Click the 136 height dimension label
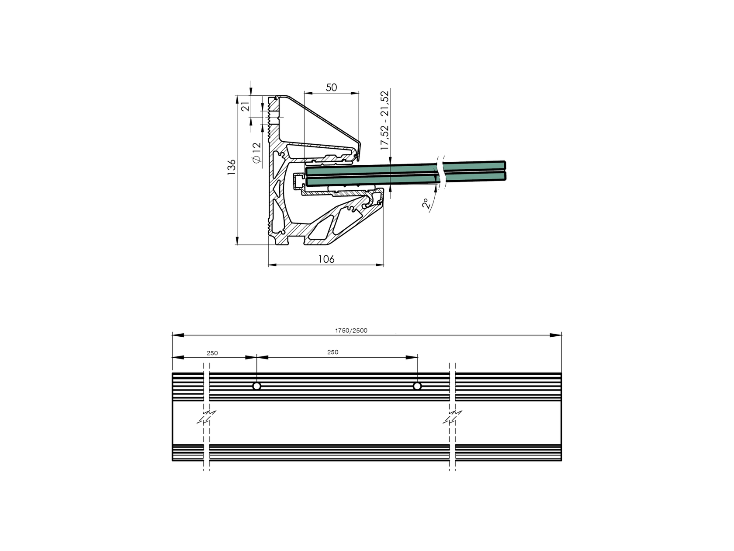click(x=232, y=167)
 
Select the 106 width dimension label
click(x=326, y=259)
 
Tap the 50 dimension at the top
click(x=332, y=87)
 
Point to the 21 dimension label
click(x=245, y=106)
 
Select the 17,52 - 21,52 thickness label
click(x=384, y=121)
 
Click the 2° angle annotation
click(x=426, y=204)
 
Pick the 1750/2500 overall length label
click(x=351, y=331)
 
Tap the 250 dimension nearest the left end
click(x=212, y=353)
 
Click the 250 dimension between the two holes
click(x=332, y=352)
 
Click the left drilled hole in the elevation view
click(x=257, y=386)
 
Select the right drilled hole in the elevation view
click(x=417, y=386)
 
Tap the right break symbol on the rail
click(x=453, y=417)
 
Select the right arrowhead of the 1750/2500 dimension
click(x=556, y=335)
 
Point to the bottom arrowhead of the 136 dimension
click(x=236, y=241)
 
